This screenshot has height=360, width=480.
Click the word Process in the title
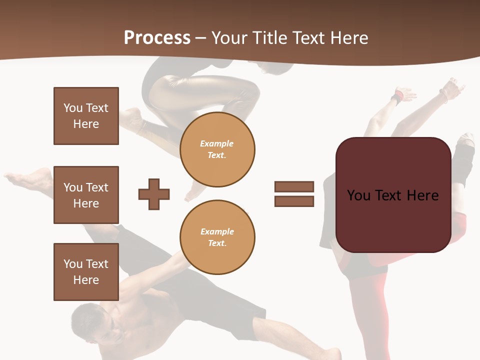[157, 38]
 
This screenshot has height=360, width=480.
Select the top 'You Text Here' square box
[86, 116]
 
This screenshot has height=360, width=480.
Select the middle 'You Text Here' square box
[86, 195]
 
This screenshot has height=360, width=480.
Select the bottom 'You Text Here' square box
[86, 272]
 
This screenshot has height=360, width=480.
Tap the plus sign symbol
[154, 194]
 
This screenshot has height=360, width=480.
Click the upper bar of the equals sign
[294, 186]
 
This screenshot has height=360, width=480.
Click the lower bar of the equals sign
[294, 201]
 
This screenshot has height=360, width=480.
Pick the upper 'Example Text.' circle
[217, 149]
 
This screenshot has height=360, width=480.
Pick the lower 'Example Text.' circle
[217, 237]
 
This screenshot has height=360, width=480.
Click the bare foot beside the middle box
[30, 179]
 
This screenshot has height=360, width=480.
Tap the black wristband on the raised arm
[397, 97]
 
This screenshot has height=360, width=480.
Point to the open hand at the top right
[454, 87]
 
